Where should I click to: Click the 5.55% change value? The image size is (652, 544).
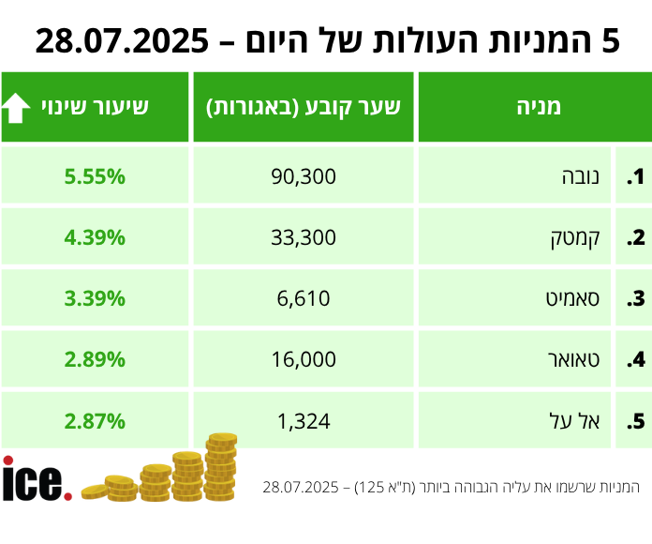coord(95,176)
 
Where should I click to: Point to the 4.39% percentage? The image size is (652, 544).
coord(95,237)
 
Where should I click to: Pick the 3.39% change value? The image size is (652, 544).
coord(95,298)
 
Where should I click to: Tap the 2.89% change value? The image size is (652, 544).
coord(95,359)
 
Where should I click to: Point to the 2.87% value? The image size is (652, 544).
coord(95,421)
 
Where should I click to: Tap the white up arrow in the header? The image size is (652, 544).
coord(16,107)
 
